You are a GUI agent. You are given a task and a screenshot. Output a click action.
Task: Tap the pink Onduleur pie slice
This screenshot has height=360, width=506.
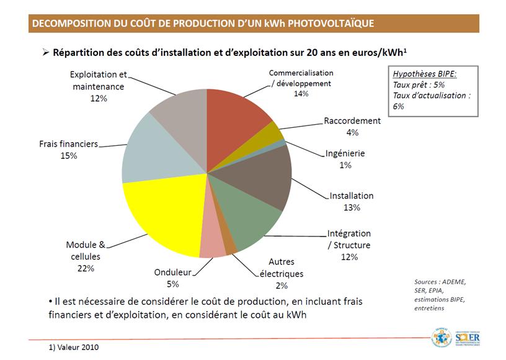213,246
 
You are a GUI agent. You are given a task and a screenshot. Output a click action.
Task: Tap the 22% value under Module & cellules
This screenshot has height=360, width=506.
86,268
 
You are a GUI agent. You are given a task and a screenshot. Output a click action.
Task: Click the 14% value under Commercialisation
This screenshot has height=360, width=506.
301,94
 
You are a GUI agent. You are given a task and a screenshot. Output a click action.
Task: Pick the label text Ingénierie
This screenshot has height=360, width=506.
345,153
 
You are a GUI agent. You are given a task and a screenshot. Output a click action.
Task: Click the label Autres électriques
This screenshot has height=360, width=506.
281,268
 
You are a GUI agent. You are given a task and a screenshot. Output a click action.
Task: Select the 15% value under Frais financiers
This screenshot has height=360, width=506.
68,156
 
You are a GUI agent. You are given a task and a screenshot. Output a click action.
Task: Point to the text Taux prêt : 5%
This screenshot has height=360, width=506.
419,84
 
